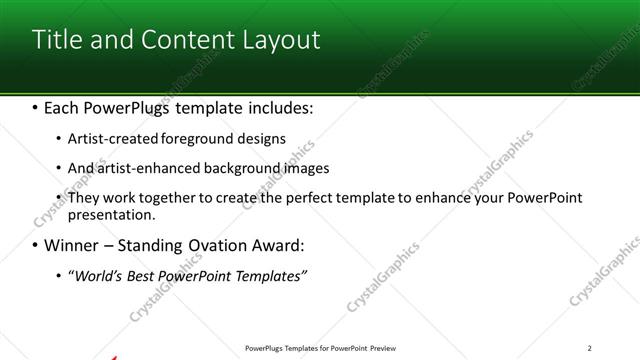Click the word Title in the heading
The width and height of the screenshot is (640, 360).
pyautogui.click(x=56, y=40)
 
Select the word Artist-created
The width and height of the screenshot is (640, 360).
pyautogui.click(x=110, y=139)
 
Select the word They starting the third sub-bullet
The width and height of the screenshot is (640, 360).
pyautogui.click(x=83, y=198)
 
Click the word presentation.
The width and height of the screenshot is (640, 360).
pyautogui.click(x=111, y=214)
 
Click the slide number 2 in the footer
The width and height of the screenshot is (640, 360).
pyautogui.click(x=590, y=348)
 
